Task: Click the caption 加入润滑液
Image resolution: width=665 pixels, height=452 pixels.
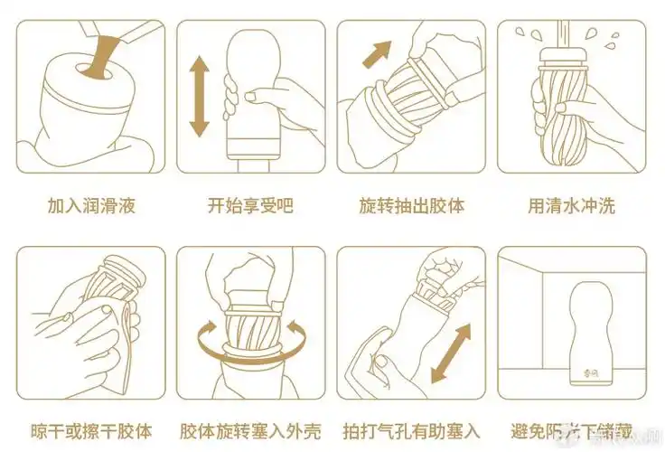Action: tap(90, 206)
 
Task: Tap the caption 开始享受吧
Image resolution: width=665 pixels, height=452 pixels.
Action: tap(250, 206)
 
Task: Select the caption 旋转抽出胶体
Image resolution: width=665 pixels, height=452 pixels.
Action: tap(411, 206)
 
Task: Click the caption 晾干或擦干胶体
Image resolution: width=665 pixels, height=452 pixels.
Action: tap(90, 430)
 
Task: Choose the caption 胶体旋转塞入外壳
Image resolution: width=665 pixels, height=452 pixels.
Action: tap(250, 430)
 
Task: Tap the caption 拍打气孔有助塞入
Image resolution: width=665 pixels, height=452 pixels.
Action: tap(411, 430)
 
